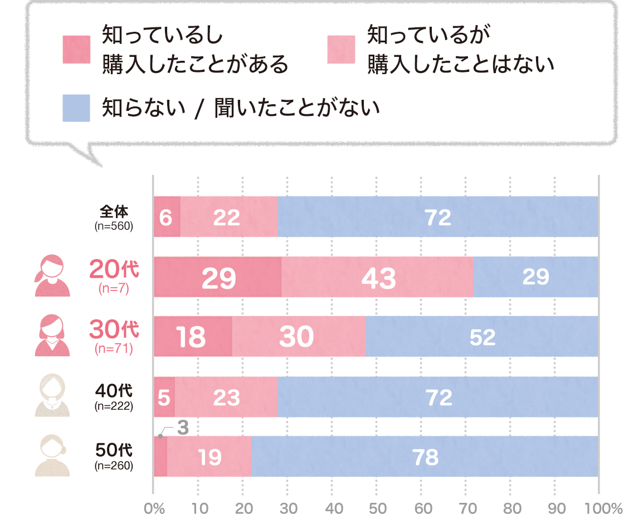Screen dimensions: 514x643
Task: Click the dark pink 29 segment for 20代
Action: (x=217, y=277)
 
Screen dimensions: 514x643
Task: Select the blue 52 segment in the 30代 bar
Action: (x=482, y=337)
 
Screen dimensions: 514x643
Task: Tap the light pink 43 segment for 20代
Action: (x=377, y=277)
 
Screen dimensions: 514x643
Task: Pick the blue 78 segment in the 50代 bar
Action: (x=425, y=457)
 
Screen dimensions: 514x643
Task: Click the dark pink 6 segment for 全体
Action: (x=166, y=217)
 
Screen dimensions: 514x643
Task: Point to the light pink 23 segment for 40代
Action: (x=226, y=397)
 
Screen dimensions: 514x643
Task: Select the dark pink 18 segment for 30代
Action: (x=192, y=337)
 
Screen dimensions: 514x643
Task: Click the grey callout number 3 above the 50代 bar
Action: (x=183, y=428)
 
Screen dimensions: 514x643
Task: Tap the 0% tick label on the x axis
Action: (x=154, y=507)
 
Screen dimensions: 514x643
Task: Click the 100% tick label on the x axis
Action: (x=603, y=507)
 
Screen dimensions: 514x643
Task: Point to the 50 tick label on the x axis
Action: (x=377, y=507)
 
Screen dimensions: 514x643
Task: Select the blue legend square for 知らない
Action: (x=76, y=108)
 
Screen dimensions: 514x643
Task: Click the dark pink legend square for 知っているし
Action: (x=76, y=50)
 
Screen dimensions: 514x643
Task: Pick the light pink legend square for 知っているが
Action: (x=341, y=50)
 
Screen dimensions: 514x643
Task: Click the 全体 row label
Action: (x=114, y=212)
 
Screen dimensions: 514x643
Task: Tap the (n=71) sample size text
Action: (x=114, y=350)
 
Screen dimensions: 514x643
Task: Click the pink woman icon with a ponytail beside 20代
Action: (x=52, y=275)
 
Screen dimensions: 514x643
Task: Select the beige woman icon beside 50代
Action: (x=52, y=455)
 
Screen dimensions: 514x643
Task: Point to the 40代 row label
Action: (x=114, y=389)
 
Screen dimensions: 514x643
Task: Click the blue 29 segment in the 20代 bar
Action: (x=535, y=277)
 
